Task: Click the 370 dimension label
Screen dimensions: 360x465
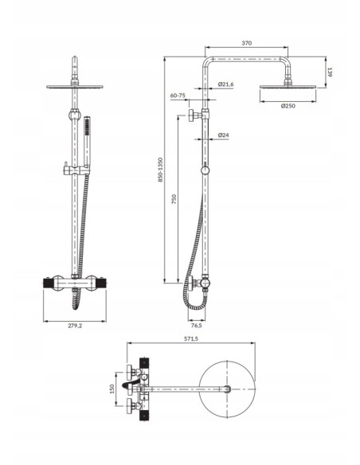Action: point(246,43)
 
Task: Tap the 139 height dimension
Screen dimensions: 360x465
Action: point(330,72)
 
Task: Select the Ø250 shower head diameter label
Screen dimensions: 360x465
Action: point(288,106)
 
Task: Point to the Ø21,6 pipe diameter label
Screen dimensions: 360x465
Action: point(225,84)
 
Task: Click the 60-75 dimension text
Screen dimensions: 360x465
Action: point(178,96)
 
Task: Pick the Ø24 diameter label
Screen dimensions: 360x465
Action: point(223,135)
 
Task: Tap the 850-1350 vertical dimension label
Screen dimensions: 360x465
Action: point(160,170)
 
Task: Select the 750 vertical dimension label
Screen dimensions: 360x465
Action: point(174,199)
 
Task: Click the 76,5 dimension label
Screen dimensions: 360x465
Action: point(196,326)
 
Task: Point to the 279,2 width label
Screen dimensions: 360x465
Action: point(75,326)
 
